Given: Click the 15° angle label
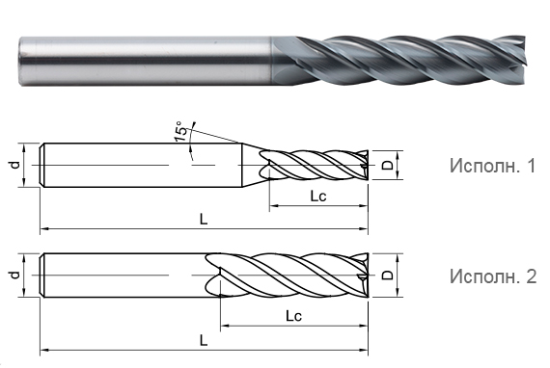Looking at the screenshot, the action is pos(180,131).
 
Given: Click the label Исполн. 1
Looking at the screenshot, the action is pos(493,166).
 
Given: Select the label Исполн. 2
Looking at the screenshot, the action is pos(493,276).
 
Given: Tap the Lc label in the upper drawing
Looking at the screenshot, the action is pos(318,197).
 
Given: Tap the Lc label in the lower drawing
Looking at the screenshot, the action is pos(294,316).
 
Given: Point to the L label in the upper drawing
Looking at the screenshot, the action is pos(204,220).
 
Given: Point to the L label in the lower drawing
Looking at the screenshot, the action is pos(204,340).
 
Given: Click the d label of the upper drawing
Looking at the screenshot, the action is pos(14,165).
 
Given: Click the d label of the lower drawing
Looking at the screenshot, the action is pos(14,276).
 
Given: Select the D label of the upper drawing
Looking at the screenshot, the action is pos(388,166).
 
